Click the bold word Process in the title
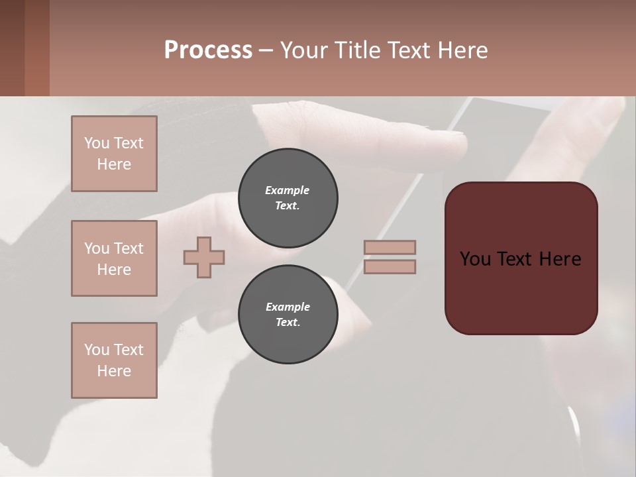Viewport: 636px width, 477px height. click(208, 50)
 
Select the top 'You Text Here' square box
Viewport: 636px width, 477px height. click(114, 154)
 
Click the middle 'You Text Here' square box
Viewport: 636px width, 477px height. click(114, 258)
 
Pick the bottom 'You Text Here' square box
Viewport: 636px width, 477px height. click(114, 360)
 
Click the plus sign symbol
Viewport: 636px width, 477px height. click(204, 257)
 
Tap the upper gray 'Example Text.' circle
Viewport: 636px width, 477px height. click(288, 197)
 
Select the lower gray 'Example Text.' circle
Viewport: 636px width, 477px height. click(288, 314)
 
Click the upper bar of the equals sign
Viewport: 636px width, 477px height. click(390, 247)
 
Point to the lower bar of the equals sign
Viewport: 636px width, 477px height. click(390, 267)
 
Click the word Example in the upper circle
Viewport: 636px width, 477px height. click(287, 190)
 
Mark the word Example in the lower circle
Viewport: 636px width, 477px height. click(287, 307)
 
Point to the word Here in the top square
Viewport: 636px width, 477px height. click(114, 164)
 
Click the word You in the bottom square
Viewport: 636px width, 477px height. click(97, 350)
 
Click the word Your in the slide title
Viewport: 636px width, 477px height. click(304, 50)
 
